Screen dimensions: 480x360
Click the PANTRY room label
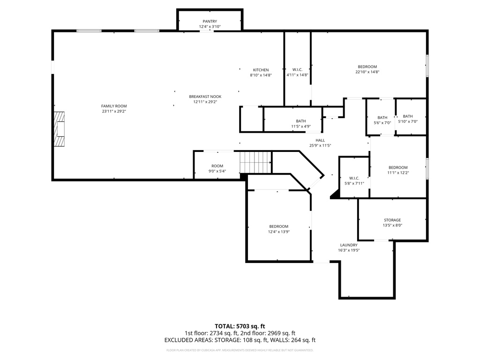click(x=210, y=22)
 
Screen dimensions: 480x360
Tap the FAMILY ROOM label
click(x=114, y=106)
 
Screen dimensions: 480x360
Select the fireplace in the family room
click(x=60, y=129)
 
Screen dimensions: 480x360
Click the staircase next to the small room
click(x=255, y=162)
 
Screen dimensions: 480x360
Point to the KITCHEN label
click(x=261, y=70)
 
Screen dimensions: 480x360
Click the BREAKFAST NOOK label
click(x=205, y=97)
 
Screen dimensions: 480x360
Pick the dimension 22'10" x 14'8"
click(x=367, y=72)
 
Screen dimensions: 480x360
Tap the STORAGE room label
click(x=392, y=220)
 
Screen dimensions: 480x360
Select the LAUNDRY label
click(x=349, y=245)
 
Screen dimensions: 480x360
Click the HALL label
click(x=320, y=141)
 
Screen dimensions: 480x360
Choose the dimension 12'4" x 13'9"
click(x=279, y=232)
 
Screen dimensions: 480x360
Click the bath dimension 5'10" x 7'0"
click(x=408, y=121)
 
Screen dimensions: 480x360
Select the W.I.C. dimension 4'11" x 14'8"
click(x=297, y=75)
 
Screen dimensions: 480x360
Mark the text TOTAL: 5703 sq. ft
click(x=240, y=326)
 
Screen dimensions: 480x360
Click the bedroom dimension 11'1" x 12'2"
click(x=398, y=172)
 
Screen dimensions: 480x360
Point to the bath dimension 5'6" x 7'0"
click(x=382, y=123)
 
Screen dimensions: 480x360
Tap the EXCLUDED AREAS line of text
click(x=240, y=340)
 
